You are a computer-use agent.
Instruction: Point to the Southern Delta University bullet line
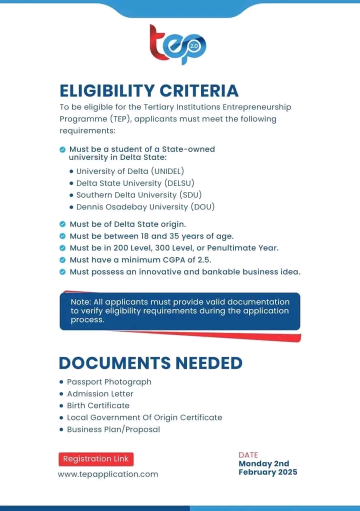(138, 195)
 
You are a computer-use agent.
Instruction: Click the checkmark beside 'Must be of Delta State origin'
(62, 224)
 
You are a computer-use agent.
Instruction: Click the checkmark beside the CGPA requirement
(62, 260)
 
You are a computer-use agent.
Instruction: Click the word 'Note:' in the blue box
(79, 302)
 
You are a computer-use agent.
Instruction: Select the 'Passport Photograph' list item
(109, 382)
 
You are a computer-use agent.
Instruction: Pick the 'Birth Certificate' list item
(98, 405)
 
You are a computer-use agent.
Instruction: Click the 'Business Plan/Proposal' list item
(113, 429)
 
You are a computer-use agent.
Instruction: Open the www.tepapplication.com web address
(108, 474)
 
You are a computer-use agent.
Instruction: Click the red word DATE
(248, 455)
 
